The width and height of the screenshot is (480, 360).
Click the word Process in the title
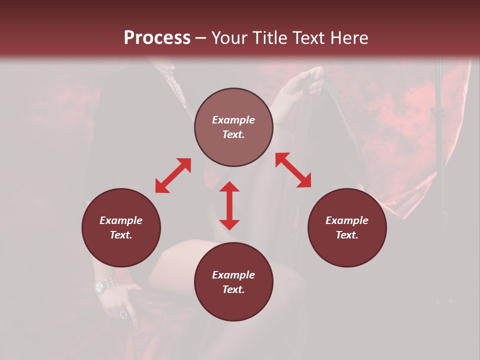[157, 38]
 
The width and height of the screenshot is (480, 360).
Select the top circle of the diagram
[233, 127]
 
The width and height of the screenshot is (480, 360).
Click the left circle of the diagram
[121, 227]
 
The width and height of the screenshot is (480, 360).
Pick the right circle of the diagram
[347, 227]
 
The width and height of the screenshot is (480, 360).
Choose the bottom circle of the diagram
[233, 282]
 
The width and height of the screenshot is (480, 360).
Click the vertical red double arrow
[229, 205]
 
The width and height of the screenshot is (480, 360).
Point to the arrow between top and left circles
[173, 175]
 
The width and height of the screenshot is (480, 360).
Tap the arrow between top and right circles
[293, 170]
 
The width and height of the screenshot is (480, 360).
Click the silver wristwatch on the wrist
[104, 285]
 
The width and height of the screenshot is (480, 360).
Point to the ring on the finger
[123, 314]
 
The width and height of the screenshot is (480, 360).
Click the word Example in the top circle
[233, 120]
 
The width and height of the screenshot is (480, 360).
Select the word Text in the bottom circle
[232, 289]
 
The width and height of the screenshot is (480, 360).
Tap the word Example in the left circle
[121, 220]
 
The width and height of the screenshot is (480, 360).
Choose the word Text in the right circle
[346, 235]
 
